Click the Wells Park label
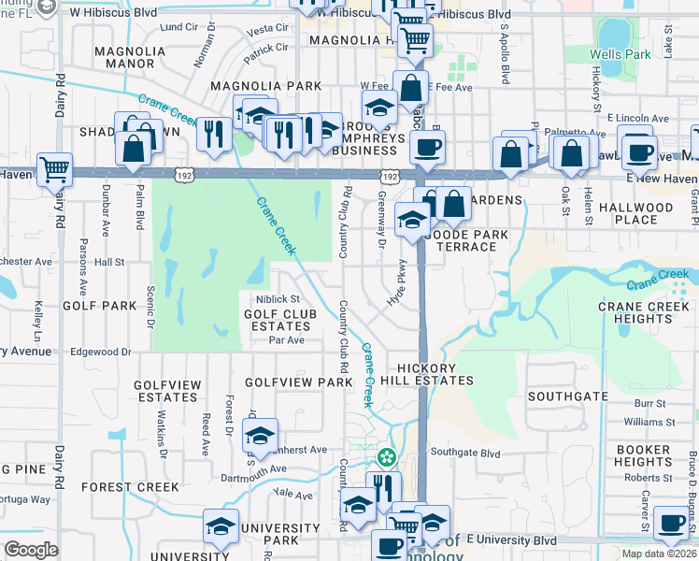click(620, 55)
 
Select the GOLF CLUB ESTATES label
click(278, 320)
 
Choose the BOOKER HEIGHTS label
click(643, 455)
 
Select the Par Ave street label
click(287, 340)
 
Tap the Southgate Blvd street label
click(464, 453)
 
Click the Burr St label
click(649, 404)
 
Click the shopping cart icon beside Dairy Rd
click(55, 169)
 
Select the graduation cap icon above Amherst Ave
click(260, 434)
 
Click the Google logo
click(31, 550)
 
